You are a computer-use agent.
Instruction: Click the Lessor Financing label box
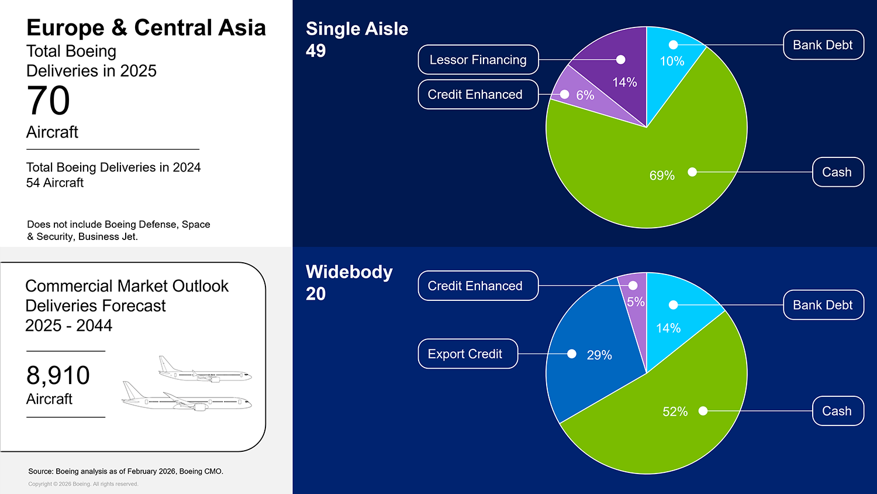(478, 60)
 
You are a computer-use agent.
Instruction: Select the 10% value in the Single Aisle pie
(672, 61)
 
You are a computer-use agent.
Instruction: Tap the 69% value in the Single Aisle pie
(662, 175)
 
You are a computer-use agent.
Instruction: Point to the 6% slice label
(585, 95)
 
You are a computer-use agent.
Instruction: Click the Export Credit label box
(468, 354)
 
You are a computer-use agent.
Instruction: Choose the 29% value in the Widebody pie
(599, 355)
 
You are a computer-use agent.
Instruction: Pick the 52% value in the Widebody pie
(675, 411)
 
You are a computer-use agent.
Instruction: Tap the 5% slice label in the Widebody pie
(636, 301)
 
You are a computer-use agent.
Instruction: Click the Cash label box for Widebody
(838, 411)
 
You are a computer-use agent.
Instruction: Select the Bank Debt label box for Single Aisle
(824, 44)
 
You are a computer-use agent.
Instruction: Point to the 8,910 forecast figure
(58, 375)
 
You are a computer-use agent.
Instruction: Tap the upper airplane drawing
(205, 369)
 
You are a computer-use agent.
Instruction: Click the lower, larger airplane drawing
(187, 396)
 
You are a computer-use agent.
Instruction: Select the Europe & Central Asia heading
(146, 28)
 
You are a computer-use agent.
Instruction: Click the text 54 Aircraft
(55, 183)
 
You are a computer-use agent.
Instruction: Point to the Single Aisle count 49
(316, 50)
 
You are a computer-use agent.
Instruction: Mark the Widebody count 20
(316, 294)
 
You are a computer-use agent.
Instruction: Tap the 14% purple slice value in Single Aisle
(624, 83)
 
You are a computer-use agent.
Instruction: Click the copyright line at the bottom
(83, 484)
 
